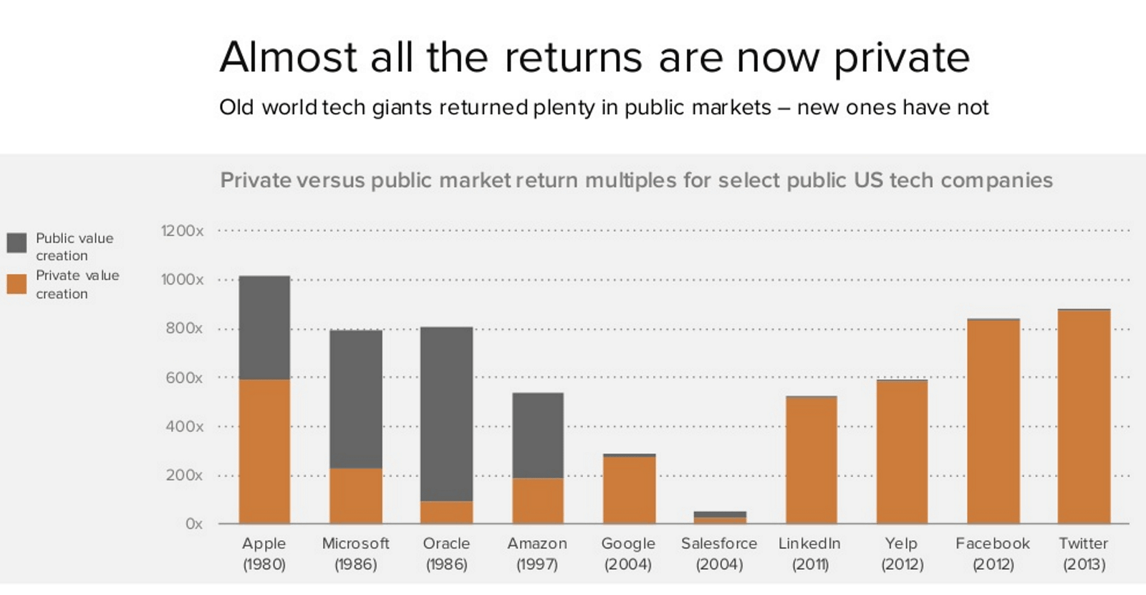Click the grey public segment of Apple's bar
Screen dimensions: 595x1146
pos(264,327)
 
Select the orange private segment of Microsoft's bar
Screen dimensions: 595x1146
pos(356,495)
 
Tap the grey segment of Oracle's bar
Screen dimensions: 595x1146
pos(446,414)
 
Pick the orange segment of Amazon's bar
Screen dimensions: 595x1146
pos(538,500)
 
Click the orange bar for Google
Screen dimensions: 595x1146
pos(629,490)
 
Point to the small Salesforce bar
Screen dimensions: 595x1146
pos(720,517)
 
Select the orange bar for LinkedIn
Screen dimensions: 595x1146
pos(811,460)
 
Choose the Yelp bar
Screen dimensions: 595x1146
pos(902,452)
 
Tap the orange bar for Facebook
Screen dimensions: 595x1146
pos(993,421)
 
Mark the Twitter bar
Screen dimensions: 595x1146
pos(1084,417)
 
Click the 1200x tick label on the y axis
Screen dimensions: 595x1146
pos(182,231)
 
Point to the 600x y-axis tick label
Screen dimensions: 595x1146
pos(184,377)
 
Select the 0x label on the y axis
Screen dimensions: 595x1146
pos(193,523)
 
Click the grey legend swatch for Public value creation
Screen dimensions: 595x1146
pos(16,242)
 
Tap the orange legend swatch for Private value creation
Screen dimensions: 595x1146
pos(16,284)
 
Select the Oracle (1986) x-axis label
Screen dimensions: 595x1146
pos(446,553)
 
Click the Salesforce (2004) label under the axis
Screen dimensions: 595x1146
pos(719,553)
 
